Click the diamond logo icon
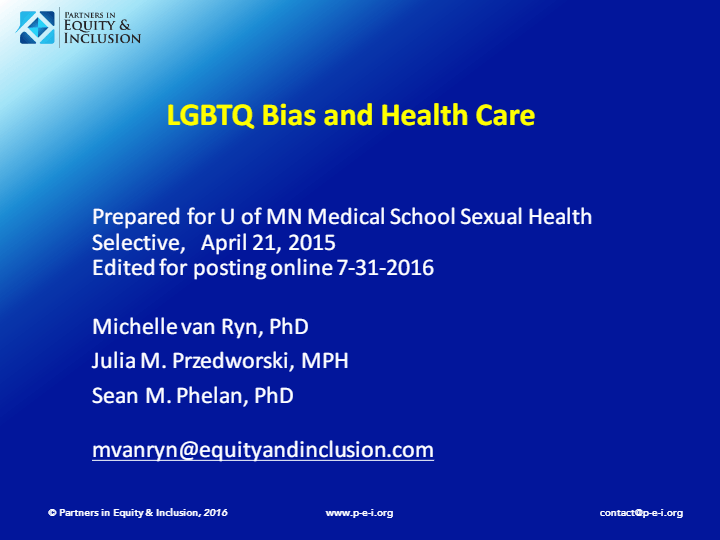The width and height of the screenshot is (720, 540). coord(37,28)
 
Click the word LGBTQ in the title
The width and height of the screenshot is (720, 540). coord(210,115)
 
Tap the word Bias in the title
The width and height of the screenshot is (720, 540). coord(289,115)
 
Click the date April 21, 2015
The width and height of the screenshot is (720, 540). coord(268,243)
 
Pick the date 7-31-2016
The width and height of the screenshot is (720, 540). coord(385,268)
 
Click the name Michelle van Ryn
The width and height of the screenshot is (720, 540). coord(177,327)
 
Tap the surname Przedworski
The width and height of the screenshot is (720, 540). coord(232,361)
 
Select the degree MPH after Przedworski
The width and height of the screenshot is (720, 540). coord(325,361)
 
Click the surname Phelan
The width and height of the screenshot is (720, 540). coord(212,395)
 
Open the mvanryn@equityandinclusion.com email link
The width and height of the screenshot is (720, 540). coord(263,450)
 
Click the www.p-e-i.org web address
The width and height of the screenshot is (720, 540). coord(359,513)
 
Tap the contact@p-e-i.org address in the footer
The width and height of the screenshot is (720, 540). coord(641,513)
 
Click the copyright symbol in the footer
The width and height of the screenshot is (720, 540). coord(52,512)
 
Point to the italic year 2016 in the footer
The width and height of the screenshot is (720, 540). coord(215,512)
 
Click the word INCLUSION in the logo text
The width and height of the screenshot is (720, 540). coord(102,38)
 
